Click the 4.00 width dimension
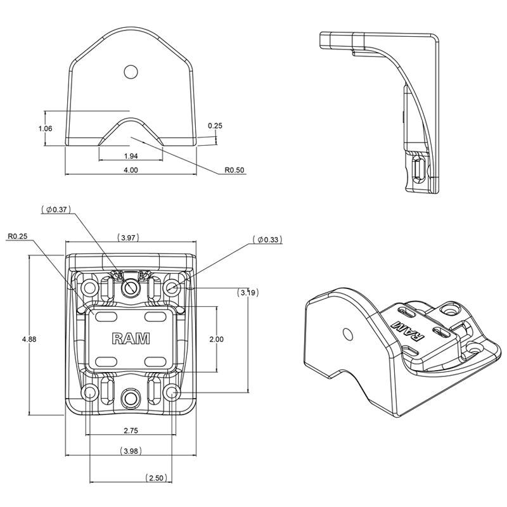[x=131, y=170]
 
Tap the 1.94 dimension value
[x=131, y=155]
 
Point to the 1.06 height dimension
[x=45, y=129]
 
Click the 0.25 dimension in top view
[x=215, y=125]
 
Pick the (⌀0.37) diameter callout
[x=55, y=209]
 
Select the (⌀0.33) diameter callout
[x=266, y=240]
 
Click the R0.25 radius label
[x=19, y=237]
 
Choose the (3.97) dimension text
[x=129, y=238]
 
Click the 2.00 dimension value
[x=216, y=340]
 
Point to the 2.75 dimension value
[x=131, y=430]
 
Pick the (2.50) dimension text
[x=156, y=478]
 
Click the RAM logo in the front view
[x=131, y=338]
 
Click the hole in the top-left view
[x=131, y=72]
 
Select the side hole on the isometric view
[x=347, y=334]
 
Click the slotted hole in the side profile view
[x=418, y=170]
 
